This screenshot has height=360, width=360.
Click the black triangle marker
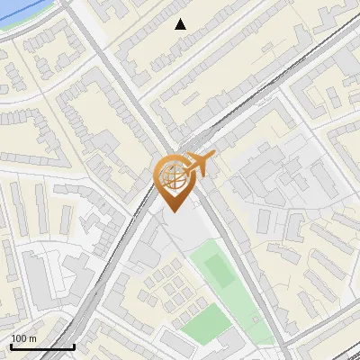coord(181,24)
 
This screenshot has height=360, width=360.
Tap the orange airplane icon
coord(198,166)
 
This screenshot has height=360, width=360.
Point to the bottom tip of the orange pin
coord(171,211)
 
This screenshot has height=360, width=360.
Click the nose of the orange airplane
coord(214,157)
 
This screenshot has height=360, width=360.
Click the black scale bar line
coord(42,346)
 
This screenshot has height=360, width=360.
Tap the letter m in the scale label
coord(32,338)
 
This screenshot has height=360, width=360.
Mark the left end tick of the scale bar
coord(11,345)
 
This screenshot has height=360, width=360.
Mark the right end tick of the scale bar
coord(74,345)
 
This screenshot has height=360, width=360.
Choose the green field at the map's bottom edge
coord(205,320)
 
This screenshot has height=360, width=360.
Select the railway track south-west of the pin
coord(108,270)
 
